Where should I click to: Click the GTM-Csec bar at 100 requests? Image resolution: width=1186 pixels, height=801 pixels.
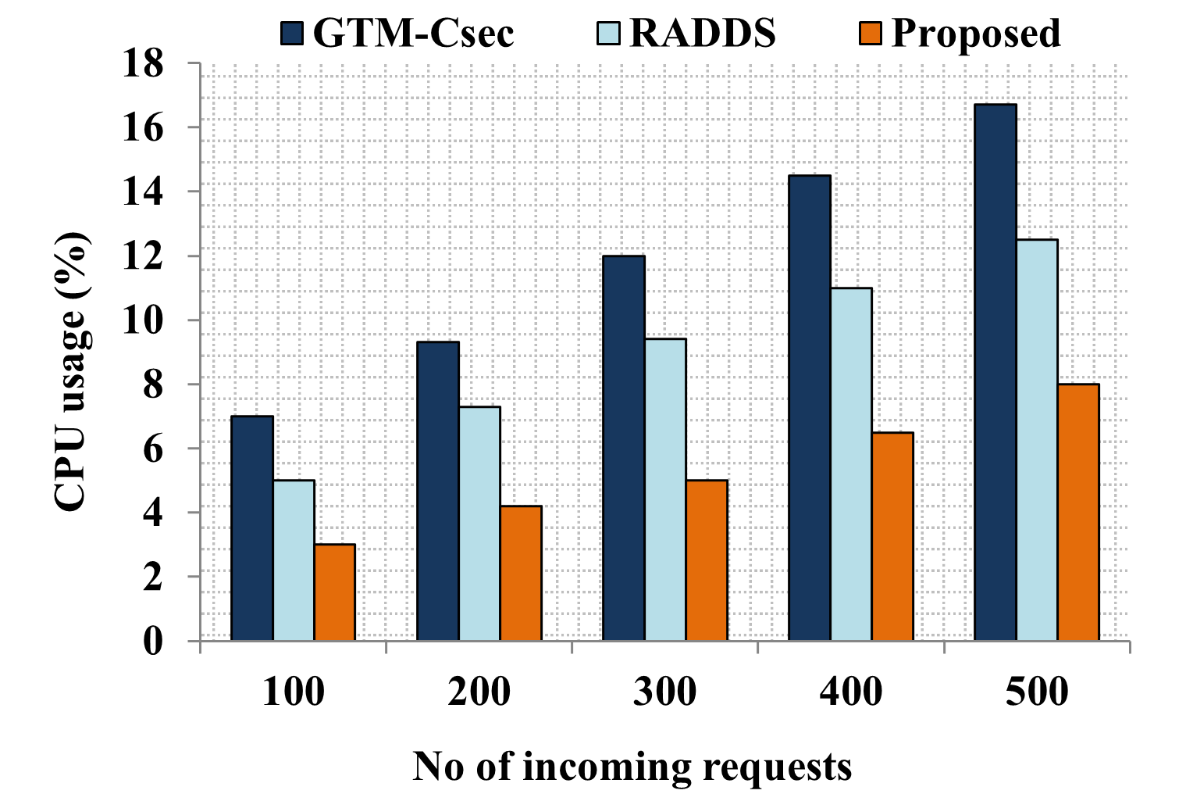coord(252,528)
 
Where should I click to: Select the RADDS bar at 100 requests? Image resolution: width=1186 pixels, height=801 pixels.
coord(294,560)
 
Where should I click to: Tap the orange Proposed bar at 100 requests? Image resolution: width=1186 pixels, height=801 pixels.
coord(335,592)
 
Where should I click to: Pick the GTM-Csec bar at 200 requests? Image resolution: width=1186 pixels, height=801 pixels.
coord(438,492)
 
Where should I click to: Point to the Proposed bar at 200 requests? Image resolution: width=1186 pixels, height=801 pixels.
coord(521,574)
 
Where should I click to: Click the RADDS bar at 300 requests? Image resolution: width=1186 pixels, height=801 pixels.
coord(666,490)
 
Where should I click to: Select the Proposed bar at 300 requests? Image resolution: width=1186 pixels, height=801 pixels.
coord(707,560)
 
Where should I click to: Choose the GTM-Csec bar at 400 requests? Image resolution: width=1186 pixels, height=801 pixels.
coord(810,408)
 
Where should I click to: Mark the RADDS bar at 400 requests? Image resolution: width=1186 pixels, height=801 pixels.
coord(851,464)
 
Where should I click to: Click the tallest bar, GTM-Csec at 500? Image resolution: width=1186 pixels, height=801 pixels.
coord(995,373)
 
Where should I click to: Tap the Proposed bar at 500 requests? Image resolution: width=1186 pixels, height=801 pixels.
coord(1078,513)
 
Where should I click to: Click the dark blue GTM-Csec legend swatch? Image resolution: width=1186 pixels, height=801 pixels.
coord(292,34)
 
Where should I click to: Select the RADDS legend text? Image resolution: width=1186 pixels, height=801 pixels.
coord(703,34)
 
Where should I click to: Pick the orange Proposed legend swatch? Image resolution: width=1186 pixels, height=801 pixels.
coord(871,34)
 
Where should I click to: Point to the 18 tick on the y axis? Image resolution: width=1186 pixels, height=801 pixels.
coord(143,64)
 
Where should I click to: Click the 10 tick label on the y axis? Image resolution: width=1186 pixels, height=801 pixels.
coord(143,320)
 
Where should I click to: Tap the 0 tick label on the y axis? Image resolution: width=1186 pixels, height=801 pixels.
coord(153,642)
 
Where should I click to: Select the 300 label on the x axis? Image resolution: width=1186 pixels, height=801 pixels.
coord(665,692)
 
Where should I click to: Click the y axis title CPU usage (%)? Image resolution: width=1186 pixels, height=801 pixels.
coord(72,371)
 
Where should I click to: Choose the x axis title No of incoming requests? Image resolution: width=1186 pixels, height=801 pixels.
coord(632,767)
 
